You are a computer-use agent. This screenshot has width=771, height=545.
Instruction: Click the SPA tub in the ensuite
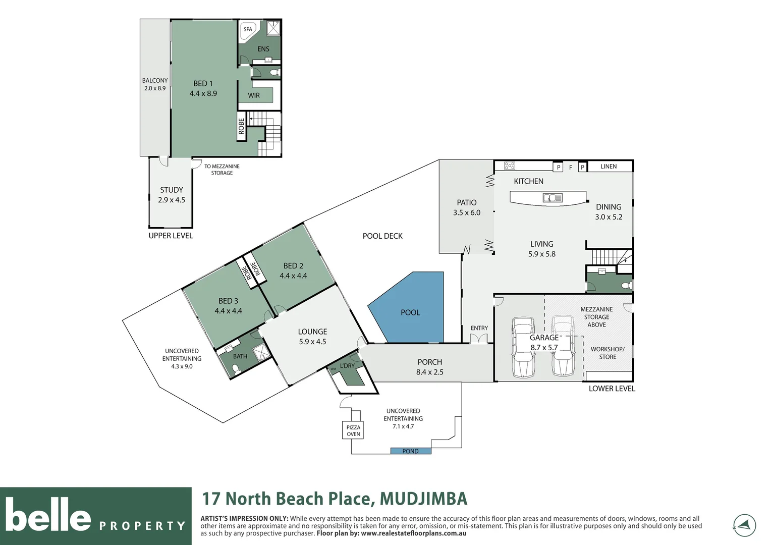click(x=248, y=30)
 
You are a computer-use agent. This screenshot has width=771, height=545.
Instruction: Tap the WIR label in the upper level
click(x=254, y=95)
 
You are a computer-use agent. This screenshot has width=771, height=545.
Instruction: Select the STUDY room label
click(x=172, y=190)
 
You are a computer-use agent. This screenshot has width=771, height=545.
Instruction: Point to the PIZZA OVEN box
click(x=353, y=430)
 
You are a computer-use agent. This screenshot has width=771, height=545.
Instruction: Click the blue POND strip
click(x=411, y=451)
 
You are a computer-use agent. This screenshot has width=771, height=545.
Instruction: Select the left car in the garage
click(x=523, y=347)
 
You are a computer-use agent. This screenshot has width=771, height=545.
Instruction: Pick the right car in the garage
click(x=562, y=346)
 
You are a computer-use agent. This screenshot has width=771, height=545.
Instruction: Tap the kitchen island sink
click(x=553, y=198)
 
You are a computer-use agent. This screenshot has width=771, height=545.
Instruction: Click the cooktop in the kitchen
click(x=510, y=166)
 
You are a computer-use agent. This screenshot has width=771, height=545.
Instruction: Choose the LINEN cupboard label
click(x=609, y=167)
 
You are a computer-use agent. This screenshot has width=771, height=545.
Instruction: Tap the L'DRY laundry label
click(x=347, y=366)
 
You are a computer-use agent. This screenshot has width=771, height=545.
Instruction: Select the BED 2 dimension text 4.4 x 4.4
click(x=293, y=276)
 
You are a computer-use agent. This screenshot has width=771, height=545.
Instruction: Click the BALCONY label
click(x=155, y=81)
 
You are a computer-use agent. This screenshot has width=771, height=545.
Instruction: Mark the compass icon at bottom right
click(x=744, y=525)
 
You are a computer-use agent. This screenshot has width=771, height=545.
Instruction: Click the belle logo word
click(x=48, y=515)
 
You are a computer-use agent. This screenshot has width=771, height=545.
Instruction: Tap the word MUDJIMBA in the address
click(x=423, y=499)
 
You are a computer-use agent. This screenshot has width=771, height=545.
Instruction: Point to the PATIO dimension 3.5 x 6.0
click(x=467, y=213)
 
